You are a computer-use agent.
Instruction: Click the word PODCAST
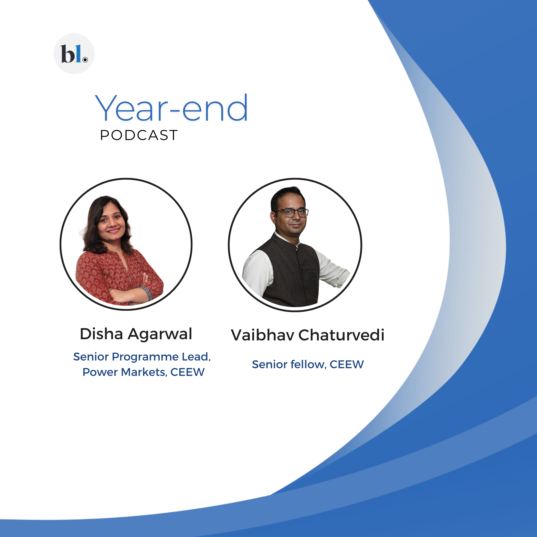pos(139,135)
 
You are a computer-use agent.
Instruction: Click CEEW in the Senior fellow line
pos(347,365)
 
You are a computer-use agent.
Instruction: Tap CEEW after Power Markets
pos(188,372)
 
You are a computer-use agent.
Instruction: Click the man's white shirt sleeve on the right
pos(332,268)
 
